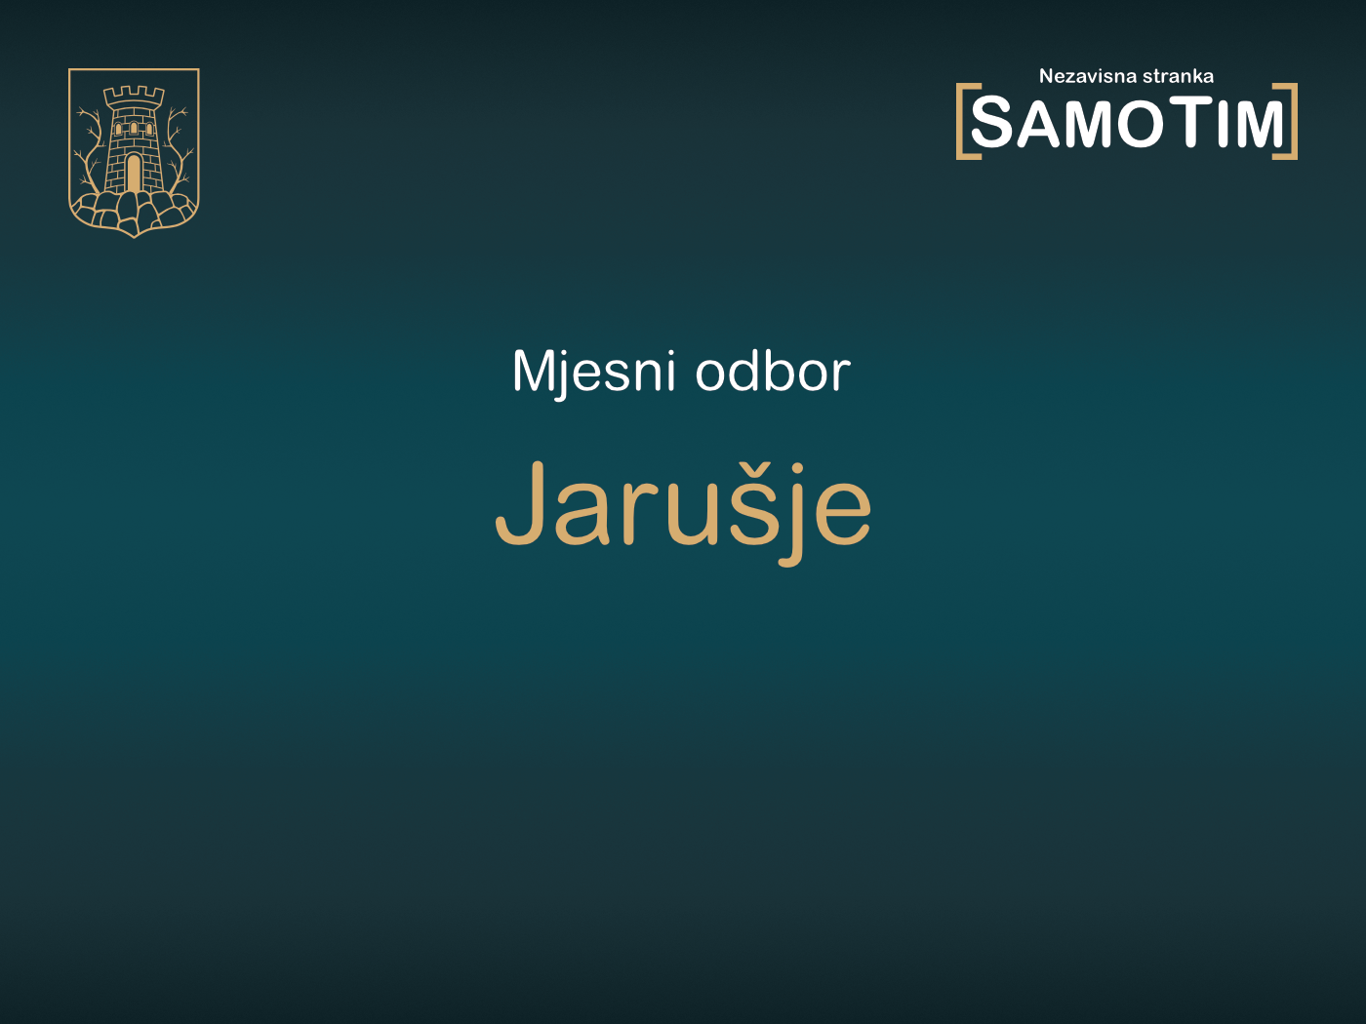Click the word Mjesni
(593, 373)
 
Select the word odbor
(773, 373)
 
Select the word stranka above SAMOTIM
(1178, 76)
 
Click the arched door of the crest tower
(134, 173)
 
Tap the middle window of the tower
(134, 128)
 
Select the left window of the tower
(120, 129)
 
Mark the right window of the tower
(147, 129)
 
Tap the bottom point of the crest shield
(134, 234)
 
